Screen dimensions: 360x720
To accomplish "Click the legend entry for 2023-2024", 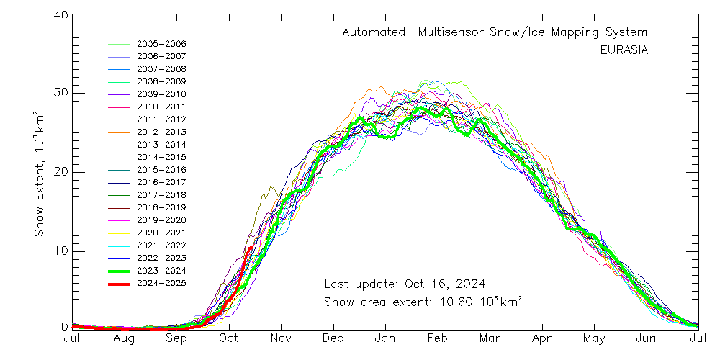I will pos(161,270).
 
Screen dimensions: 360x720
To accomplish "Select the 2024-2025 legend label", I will pos(161,283).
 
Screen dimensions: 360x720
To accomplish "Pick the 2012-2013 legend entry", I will pos(161,132).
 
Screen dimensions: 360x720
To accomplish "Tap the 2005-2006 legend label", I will pos(161,44).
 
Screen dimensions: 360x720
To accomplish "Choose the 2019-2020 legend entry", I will pos(161,220).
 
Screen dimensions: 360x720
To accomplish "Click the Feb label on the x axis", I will pos(437,338).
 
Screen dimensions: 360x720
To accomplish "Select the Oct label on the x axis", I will pos(229,338).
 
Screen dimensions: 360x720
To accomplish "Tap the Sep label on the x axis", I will pos(177,338).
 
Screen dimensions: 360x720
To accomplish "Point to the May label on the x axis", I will pos(594,338).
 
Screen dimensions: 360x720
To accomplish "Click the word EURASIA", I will pos(624,50).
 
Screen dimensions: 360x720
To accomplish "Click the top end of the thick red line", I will pos(251,248).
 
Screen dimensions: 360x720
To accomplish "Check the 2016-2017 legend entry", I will pos(161,182).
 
